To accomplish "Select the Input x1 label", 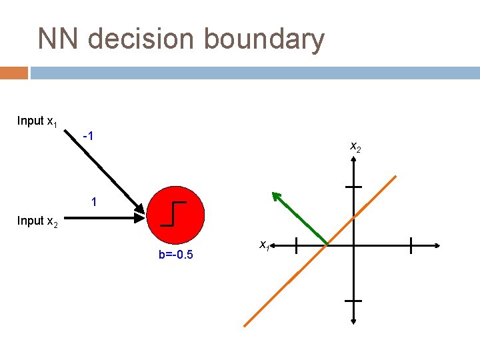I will [x=37, y=121].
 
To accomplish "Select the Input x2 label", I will [x=37, y=221].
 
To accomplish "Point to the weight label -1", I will [x=87, y=137].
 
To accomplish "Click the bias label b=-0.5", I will [x=176, y=255].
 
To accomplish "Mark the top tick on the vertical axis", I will [x=353, y=187].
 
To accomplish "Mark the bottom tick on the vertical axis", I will [x=353, y=301].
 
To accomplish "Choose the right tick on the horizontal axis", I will [x=411, y=245].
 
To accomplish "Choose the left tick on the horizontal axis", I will [x=296, y=245].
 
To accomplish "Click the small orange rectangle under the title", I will [x=13, y=73].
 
